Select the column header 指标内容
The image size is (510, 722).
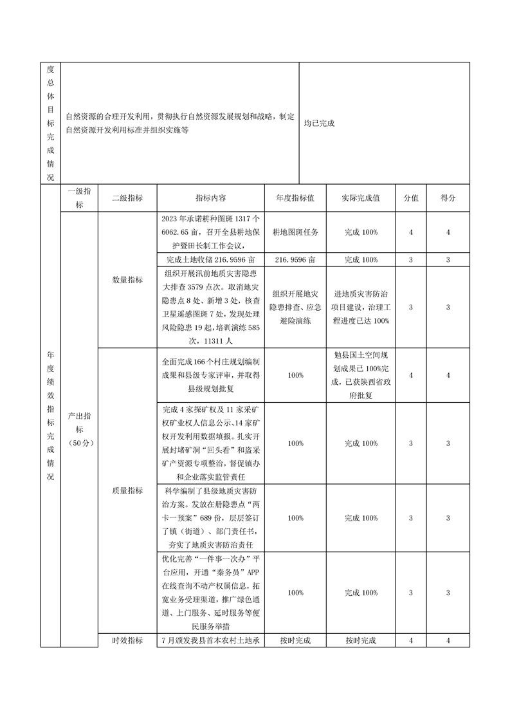(211, 198)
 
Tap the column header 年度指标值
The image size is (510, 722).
(295, 198)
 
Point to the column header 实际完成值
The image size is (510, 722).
(361, 198)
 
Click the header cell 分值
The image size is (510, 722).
(411, 198)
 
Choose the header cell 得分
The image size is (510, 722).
(448, 198)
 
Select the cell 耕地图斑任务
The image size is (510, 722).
(295, 232)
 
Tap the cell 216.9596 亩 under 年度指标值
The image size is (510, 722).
(295, 259)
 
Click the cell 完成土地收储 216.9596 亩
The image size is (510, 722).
(211, 259)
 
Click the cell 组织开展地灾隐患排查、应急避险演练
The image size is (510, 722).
(295, 308)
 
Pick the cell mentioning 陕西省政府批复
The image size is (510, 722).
(361, 375)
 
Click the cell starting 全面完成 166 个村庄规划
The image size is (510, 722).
(211, 375)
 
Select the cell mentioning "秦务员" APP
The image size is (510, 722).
(211, 592)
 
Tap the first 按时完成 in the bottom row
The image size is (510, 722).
(295, 640)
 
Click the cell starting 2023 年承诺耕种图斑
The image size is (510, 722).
(211, 232)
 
